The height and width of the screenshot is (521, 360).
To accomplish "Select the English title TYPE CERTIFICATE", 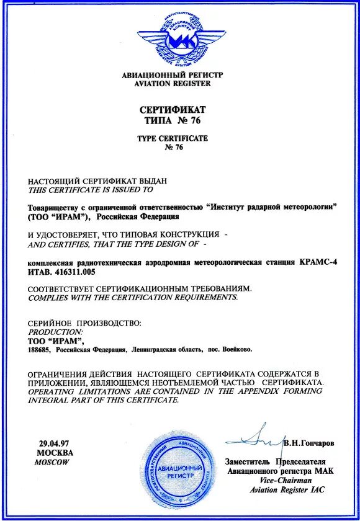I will pyautogui.click(x=173, y=138).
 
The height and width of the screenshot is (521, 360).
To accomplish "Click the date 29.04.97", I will pyautogui.click(x=54, y=444).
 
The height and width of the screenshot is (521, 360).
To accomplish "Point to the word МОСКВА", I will pyautogui.click(x=55, y=453).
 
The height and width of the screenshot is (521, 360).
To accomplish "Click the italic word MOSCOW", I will pyautogui.click(x=53, y=463).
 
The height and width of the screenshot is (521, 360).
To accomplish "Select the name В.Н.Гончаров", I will pyautogui.click(x=309, y=444).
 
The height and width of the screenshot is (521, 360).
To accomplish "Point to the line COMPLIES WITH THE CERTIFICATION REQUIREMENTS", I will pyautogui.click(x=133, y=298).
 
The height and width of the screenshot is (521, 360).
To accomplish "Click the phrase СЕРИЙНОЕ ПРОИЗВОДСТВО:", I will pyautogui.click(x=85, y=323).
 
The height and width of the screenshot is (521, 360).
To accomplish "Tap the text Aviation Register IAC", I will pyautogui.click(x=286, y=490).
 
